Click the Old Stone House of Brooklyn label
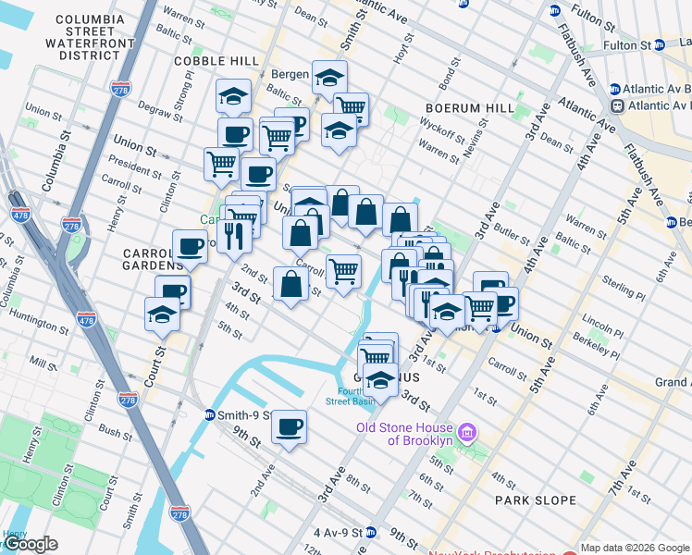coord(407,434)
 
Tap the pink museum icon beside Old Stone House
coord(468,432)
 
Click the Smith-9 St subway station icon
coord(211,415)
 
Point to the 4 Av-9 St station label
coord(337,532)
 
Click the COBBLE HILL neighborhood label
coord(216,61)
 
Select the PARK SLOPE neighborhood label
coord(536,500)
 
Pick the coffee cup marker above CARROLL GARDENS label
coord(190,247)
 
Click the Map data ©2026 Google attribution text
coord(635,548)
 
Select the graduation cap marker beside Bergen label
coord(329,79)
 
